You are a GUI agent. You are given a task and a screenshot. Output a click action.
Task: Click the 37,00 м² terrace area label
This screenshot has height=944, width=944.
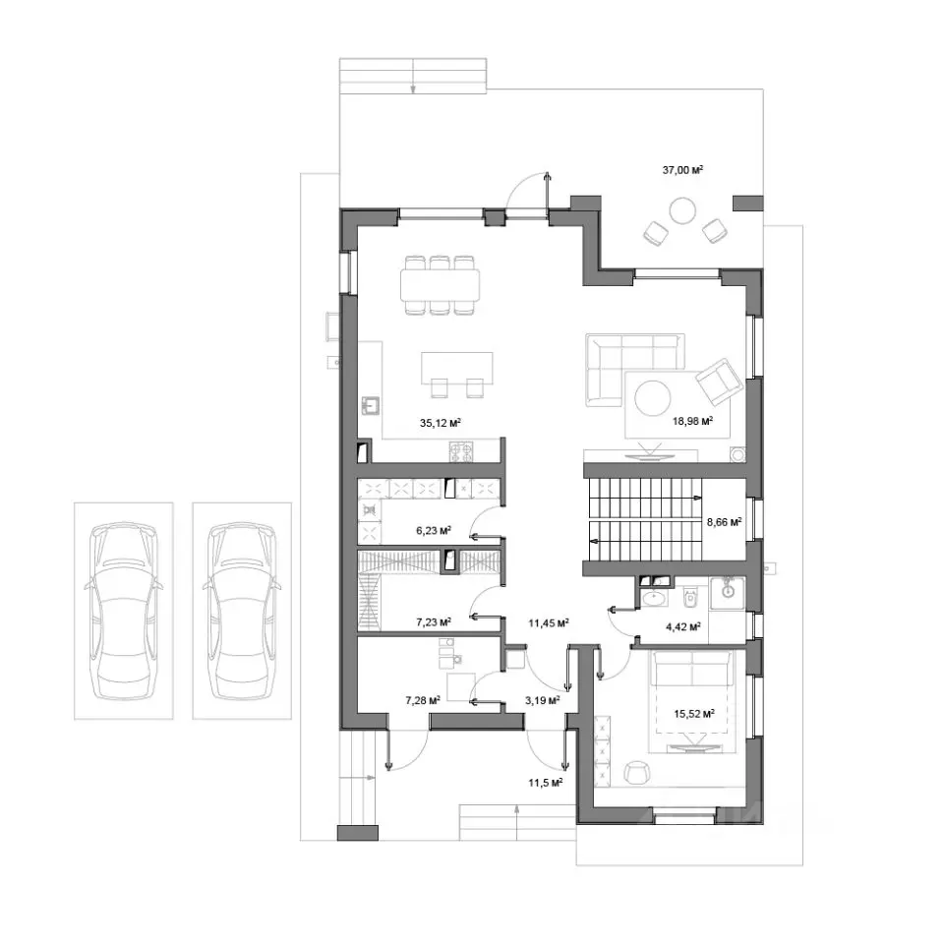click(682, 170)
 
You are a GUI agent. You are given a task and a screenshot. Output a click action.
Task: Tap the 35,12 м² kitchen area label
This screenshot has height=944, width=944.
click(441, 423)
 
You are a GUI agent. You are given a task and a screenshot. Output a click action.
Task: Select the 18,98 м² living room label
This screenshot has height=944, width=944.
click(693, 421)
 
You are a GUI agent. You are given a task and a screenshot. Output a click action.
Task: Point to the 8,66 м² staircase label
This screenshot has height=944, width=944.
click(724, 522)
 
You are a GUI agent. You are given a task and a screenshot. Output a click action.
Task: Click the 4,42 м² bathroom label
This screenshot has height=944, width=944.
click(682, 626)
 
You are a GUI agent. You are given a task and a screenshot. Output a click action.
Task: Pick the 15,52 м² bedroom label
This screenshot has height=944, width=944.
click(694, 714)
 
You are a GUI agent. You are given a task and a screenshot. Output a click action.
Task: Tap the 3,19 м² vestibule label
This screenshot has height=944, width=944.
click(543, 700)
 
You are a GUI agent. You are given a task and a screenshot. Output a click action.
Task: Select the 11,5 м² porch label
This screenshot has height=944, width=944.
click(546, 782)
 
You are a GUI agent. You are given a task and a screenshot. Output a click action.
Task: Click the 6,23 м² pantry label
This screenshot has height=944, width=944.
click(434, 530)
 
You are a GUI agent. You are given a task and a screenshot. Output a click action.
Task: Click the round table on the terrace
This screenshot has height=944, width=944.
click(682, 210)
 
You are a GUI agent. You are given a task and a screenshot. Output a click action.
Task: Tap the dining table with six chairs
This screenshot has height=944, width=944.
click(441, 285)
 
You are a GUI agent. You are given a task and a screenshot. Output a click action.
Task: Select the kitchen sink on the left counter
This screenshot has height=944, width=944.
click(371, 406)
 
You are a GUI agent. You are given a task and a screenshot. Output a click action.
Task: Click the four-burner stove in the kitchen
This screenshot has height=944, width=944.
click(461, 452)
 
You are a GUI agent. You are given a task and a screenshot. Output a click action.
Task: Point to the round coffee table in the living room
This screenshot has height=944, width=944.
click(653, 397)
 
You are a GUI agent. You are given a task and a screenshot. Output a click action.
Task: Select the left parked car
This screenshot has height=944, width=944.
click(124, 611)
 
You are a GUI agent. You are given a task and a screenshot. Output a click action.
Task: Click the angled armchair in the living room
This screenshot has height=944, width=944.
click(720, 382)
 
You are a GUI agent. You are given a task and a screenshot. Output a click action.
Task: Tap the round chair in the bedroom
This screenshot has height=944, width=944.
click(636, 773)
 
